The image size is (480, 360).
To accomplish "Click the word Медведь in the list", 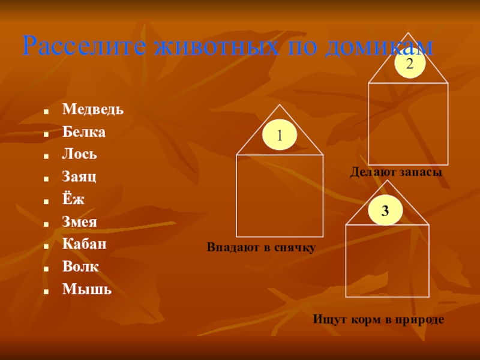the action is [93, 110].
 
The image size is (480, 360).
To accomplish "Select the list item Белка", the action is [84, 132].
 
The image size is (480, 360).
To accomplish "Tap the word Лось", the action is [80, 154].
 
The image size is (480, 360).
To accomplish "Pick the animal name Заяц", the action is [79, 177].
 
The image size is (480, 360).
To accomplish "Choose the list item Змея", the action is [80, 221].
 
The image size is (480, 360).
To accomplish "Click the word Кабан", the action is [85, 244].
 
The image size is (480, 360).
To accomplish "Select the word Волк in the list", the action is [80, 266].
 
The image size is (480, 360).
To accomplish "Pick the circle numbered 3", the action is [385, 211].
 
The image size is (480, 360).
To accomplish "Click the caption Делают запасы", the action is [396, 172].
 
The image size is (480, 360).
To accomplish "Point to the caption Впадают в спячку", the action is [261, 247].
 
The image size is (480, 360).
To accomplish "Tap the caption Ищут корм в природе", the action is [378, 320].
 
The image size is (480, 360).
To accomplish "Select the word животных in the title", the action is [207, 46].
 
